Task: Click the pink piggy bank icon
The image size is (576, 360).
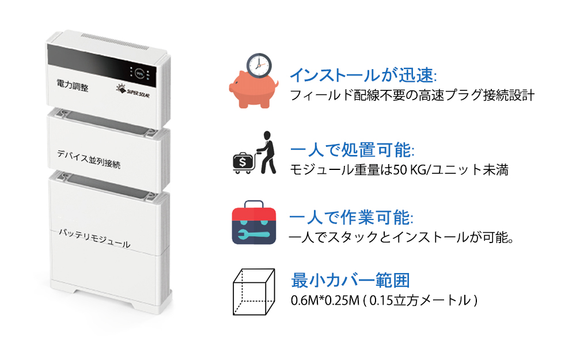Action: click(x=253, y=89)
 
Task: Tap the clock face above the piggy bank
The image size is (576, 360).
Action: click(x=259, y=66)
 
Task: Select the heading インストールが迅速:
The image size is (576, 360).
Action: click(x=363, y=75)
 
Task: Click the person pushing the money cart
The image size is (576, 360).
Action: click(x=267, y=152)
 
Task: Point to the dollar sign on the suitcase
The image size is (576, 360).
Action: click(x=243, y=162)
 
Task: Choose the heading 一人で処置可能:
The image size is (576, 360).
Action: click(x=353, y=150)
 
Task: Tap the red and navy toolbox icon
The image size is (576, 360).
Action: click(x=254, y=222)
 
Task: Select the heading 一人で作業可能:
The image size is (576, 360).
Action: click(x=351, y=218)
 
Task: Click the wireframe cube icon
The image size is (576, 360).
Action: click(x=254, y=292)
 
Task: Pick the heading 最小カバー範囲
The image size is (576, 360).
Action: click(x=350, y=281)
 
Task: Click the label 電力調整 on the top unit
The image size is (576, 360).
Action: click(x=73, y=86)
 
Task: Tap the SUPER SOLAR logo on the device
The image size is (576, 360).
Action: click(x=133, y=91)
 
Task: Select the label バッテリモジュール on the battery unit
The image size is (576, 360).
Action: click(x=94, y=238)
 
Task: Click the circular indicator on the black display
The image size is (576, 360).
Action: click(x=139, y=74)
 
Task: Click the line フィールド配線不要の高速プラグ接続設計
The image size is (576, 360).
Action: click(x=412, y=96)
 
